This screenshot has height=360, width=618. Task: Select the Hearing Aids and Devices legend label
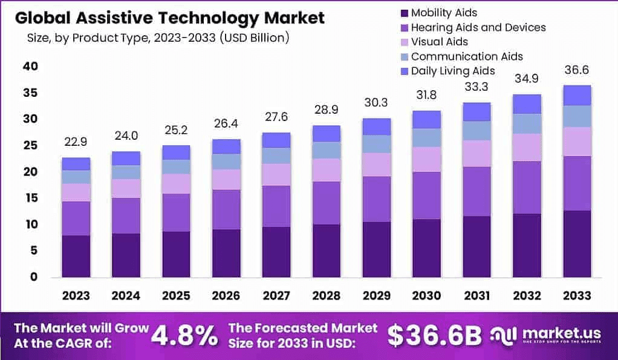478,27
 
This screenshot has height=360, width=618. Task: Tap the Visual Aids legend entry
439,42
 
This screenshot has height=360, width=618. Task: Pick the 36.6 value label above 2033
576,71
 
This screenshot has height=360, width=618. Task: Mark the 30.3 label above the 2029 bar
376,103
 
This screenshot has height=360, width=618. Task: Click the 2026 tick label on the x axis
226,296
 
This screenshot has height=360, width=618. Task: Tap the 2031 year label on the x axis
477,296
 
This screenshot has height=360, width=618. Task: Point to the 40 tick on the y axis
30,67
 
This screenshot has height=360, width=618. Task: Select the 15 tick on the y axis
30,198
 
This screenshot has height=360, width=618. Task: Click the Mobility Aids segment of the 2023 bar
76,256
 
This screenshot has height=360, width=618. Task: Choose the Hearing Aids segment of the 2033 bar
576,183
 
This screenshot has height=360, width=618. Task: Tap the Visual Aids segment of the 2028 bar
326,169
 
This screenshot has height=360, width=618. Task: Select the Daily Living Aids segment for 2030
426,119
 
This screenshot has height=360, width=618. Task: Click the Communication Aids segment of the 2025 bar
176,166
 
